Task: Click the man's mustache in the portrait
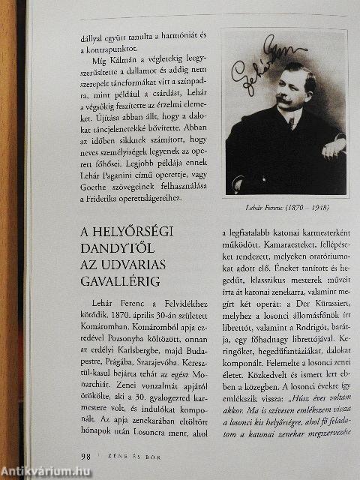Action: tap(283, 98)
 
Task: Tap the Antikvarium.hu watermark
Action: tap(45, 471)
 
